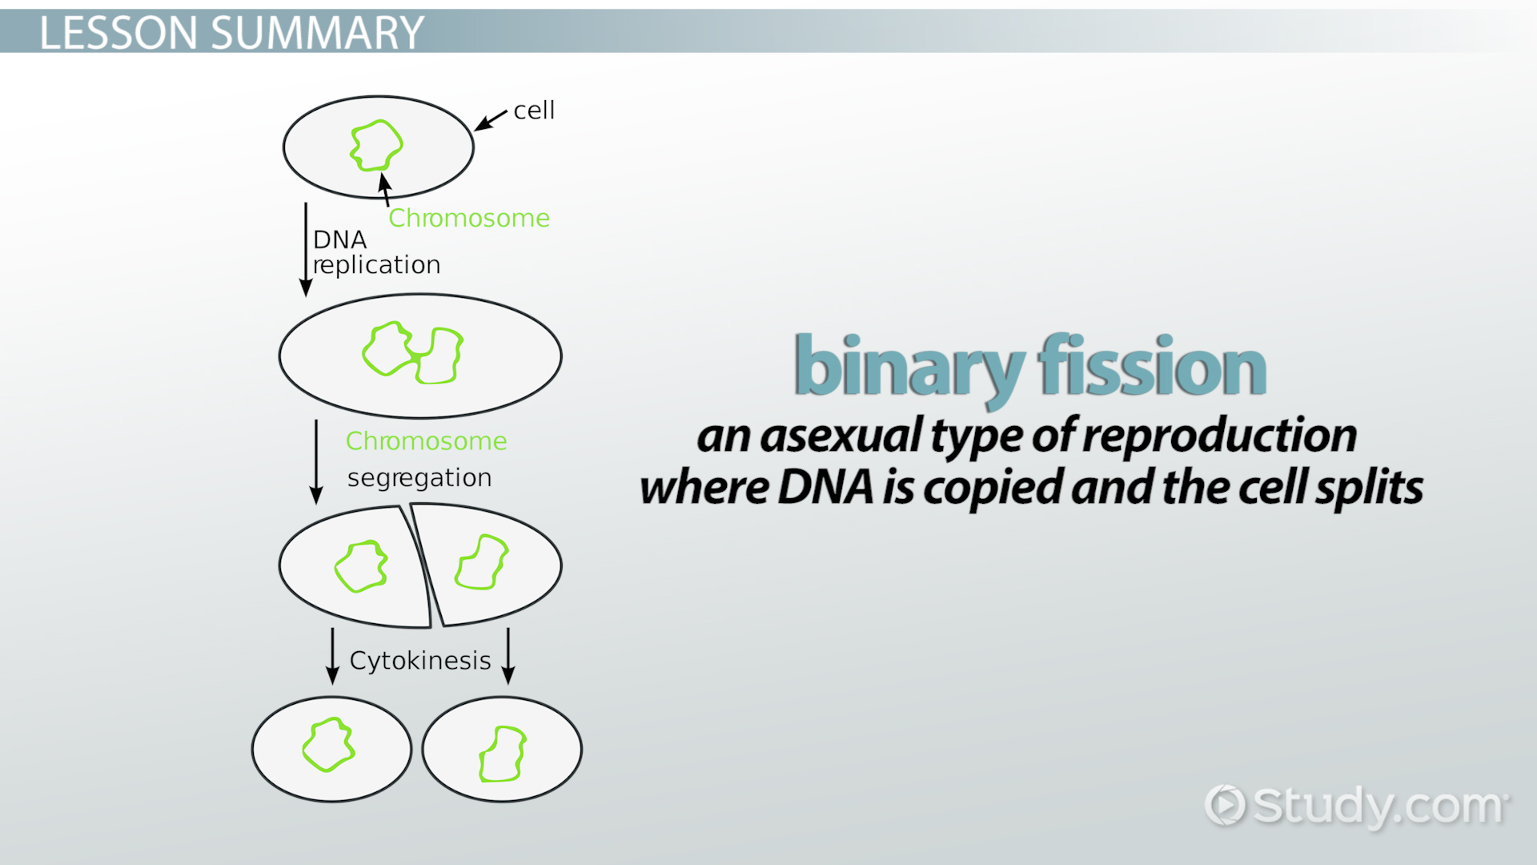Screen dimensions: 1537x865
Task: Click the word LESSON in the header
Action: pos(118,33)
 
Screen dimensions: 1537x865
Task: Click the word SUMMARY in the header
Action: pos(317,33)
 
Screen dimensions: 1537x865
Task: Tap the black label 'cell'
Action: pos(534,110)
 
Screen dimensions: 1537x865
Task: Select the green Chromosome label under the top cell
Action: pos(469,218)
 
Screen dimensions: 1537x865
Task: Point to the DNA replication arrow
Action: pos(305,249)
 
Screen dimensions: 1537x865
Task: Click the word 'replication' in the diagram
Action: pos(376,264)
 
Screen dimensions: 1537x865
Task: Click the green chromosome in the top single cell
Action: pos(376,145)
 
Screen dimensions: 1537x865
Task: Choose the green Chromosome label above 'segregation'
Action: pos(426,441)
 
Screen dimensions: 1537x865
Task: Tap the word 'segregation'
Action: pos(419,478)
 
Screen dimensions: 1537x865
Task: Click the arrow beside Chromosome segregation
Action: pos(316,462)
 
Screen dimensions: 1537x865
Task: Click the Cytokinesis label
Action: pos(420,660)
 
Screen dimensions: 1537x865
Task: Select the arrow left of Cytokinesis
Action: pos(332,656)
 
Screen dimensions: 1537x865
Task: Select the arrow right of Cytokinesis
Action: pos(508,656)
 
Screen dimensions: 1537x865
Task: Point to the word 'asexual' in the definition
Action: pos(841,437)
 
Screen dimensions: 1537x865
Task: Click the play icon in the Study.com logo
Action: pos(1226,805)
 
